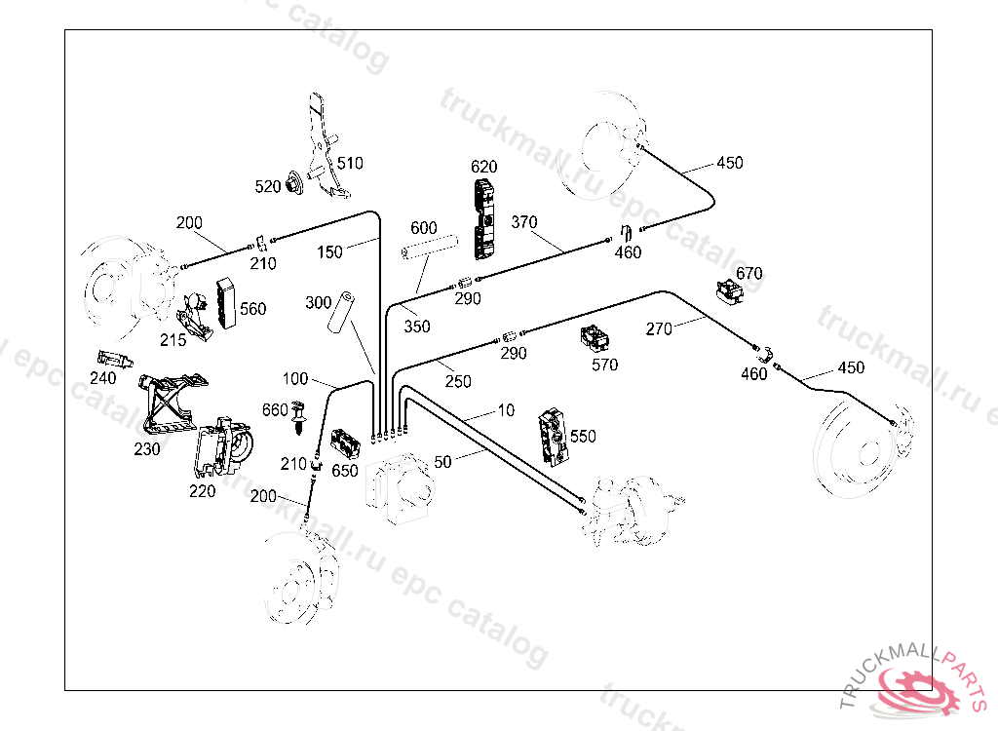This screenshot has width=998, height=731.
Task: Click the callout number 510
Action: (350, 163)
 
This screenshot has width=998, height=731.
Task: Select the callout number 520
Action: (269, 185)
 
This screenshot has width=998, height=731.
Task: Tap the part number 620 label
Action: (484, 167)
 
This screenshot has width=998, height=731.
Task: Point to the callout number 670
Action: (749, 273)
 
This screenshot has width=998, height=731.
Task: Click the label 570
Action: (605, 365)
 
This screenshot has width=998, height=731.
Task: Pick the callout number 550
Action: (583, 436)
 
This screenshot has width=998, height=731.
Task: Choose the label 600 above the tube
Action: (423, 228)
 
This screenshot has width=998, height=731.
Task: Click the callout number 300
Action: (319, 302)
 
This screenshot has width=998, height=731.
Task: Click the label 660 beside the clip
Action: (275, 409)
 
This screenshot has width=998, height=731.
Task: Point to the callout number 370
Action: (524, 222)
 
